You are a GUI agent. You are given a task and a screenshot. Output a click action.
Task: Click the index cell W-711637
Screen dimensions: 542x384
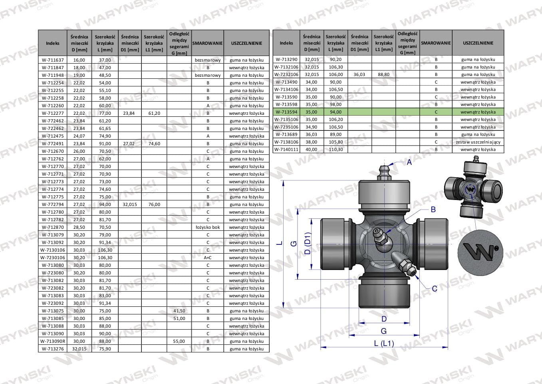[52, 60]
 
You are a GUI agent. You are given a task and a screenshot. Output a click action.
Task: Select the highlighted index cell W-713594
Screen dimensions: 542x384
[286, 112]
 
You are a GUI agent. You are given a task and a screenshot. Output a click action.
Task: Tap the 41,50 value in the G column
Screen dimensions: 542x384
[179, 311]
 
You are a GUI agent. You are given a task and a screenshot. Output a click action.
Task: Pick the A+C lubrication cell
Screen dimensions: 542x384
[208, 258]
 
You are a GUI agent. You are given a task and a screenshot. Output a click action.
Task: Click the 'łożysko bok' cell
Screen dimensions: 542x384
[208, 227]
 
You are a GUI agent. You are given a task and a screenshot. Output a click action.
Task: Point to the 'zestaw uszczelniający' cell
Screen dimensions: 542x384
[478, 142]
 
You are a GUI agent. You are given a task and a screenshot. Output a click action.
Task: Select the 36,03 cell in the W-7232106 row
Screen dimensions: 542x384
[359, 74]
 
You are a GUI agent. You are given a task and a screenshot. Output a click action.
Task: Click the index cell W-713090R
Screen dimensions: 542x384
[52, 341]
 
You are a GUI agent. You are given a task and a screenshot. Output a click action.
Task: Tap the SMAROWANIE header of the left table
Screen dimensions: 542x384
[207, 43]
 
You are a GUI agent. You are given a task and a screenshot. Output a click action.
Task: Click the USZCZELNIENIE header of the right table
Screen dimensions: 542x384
[478, 43]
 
